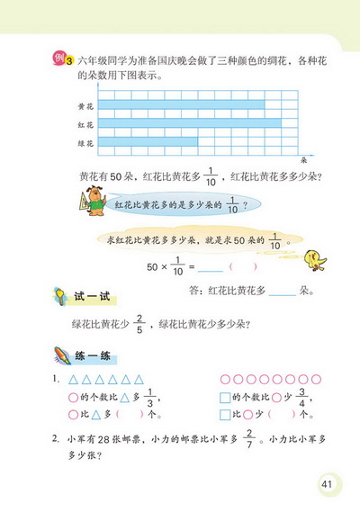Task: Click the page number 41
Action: (x=325, y=487)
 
